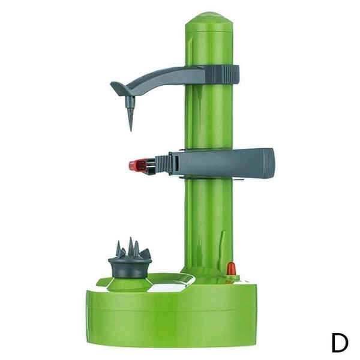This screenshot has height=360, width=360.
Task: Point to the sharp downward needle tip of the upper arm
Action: pyautogui.click(x=131, y=130)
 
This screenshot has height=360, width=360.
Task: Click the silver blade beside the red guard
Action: pyautogui.click(x=151, y=166)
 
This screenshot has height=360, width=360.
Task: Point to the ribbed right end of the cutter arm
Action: pyautogui.click(x=269, y=163)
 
